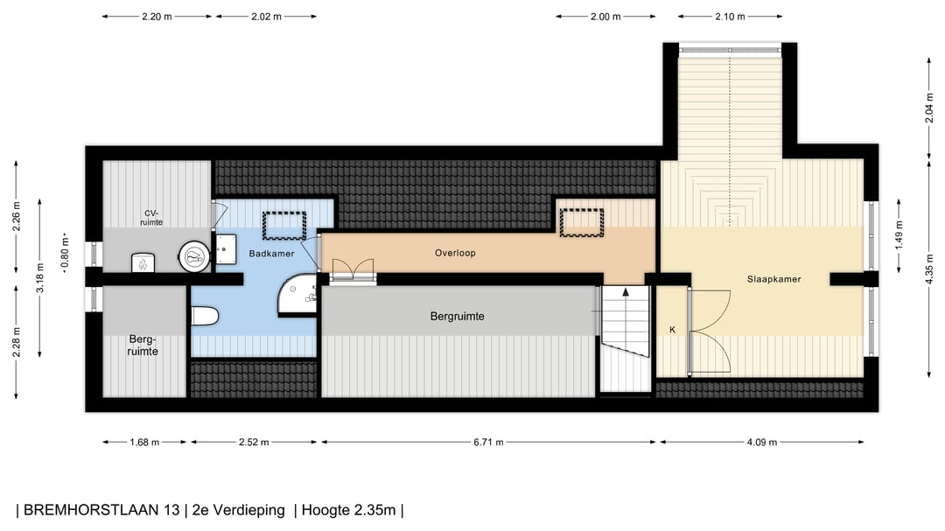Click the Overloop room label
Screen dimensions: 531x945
pos(455,253)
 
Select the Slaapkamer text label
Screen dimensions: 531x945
pos(773,279)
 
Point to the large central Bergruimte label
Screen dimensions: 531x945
pos(457,316)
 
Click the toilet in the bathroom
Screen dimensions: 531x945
pos(204,317)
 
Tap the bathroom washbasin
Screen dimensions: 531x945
pos(225,250)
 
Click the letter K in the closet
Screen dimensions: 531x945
pos(672,330)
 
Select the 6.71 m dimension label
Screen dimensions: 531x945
pos(487,442)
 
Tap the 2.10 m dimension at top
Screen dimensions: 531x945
pos(730,17)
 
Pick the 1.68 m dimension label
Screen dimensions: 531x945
pos(144,442)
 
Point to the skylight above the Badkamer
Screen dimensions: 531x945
pos(284,225)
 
